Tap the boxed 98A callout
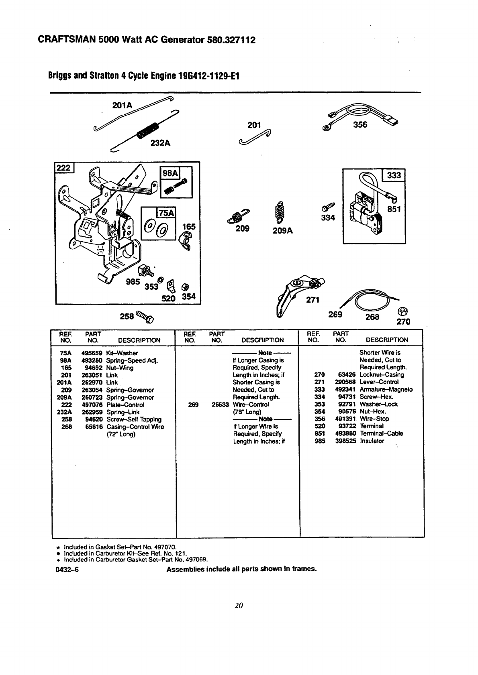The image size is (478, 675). pyautogui.click(x=169, y=173)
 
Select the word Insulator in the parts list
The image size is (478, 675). pyautogui.click(x=372, y=441)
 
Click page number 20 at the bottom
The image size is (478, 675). pyautogui.click(x=239, y=606)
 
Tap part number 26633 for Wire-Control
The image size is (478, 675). pyautogui.click(x=220, y=405)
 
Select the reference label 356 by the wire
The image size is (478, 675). pyautogui.click(x=360, y=124)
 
